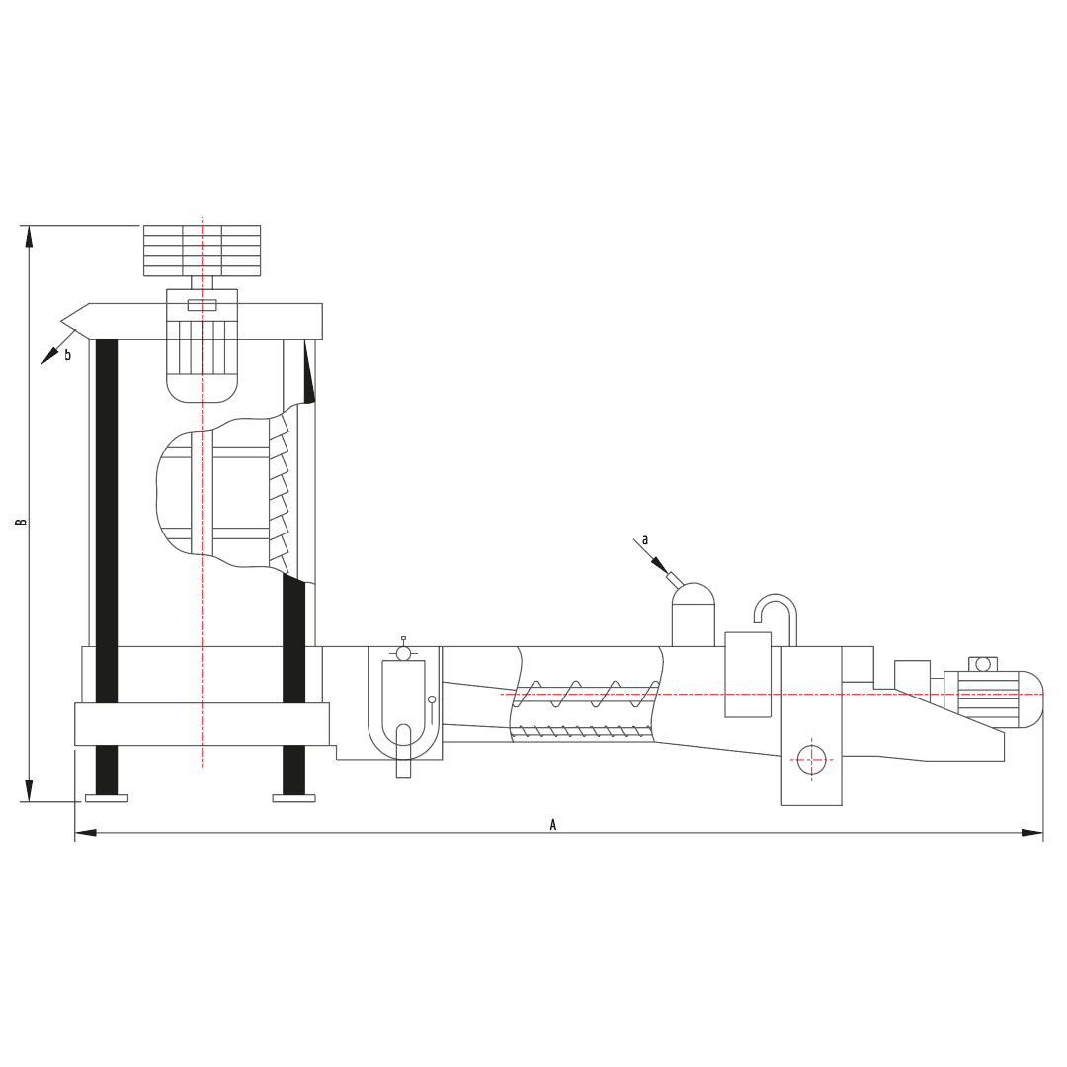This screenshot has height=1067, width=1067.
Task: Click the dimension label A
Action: click(x=553, y=825)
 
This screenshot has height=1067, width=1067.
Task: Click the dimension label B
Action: click(x=21, y=522)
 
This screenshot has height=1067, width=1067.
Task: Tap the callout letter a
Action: click(x=645, y=540)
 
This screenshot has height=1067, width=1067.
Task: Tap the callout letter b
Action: click(x=67, y=354)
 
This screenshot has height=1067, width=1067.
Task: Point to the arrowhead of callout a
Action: click(x=659, y=565)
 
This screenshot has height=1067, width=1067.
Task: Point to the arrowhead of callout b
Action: click(x=49, y=356)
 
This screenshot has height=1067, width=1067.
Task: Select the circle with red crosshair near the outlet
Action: click(x=811, y=760)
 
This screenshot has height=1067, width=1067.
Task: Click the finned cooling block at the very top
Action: click(x=203, y=250)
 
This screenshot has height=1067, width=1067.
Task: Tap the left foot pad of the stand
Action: click(x=106, y=798)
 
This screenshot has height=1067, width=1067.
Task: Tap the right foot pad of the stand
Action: click(x=294, y=798)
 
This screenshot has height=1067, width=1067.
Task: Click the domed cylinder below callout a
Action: click(x=694, y=615)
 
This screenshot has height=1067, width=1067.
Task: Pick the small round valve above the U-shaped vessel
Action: click(x=403, y=653)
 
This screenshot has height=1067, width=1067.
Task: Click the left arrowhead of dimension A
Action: click(x=85, y=832)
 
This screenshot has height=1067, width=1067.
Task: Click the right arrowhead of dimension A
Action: click(x=1032, y=832)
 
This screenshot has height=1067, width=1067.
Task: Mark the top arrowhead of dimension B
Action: click(x=29, y=236)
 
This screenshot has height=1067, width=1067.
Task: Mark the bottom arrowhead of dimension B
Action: click(x=29, y=790)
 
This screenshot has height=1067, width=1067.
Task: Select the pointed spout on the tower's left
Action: click(x=75, y=320)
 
